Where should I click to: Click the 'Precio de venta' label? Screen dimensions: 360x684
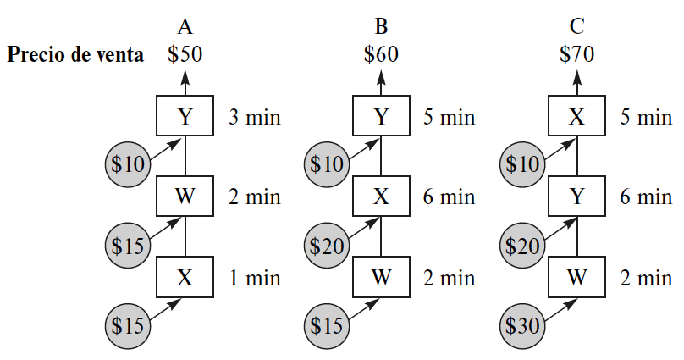click(x=75, y=55)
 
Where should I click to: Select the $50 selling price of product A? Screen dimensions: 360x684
click(x=185, y=55)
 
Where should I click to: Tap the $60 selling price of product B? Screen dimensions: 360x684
click(x=381, y=55)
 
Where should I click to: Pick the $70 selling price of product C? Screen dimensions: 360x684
click(x=576, y=55)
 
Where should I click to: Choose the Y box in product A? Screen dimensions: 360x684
click(x=185, y=116)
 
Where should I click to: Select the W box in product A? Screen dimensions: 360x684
click(x=185, y=197)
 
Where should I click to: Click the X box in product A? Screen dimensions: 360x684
click(x=185, y=277)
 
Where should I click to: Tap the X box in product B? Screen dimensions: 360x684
click(x=381, y=197)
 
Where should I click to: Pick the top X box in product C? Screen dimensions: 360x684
click(x=576, y=116)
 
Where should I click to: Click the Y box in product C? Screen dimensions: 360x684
click(x=576, y=197)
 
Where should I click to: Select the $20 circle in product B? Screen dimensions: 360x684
click(x=326, y=246)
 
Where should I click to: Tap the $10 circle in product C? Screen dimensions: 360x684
click(x=521, y=164)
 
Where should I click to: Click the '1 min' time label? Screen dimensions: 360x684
click(x=254, y=278)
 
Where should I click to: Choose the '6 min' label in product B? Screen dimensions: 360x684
click(x=450, y=197)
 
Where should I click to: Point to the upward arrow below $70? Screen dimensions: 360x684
click(x=576, y=82)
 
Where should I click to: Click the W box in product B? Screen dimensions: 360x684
click(x=381, y=277)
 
